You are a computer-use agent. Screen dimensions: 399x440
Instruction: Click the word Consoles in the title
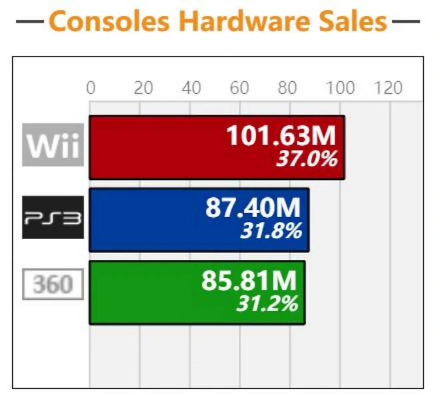tap(111, 21)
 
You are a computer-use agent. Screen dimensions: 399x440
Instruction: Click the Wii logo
tap(53, 145)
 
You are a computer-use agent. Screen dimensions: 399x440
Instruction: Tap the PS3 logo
tap(53, 218)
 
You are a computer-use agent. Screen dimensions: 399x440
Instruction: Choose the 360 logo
tap(53, 284)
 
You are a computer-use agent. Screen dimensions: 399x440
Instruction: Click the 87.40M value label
tap(253, 208)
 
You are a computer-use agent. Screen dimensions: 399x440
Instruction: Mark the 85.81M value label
tap(250, 281)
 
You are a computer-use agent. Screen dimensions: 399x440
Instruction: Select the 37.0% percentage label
tap(306, 159)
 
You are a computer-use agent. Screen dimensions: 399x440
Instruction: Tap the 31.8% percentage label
tap(270, 231)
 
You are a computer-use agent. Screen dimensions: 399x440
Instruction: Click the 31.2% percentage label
tap(267, 304)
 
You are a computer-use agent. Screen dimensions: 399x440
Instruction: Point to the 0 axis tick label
tap(91, 88)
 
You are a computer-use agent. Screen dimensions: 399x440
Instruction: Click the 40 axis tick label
tap(191, 88)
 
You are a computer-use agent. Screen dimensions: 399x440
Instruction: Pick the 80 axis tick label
tap(287, 88)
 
